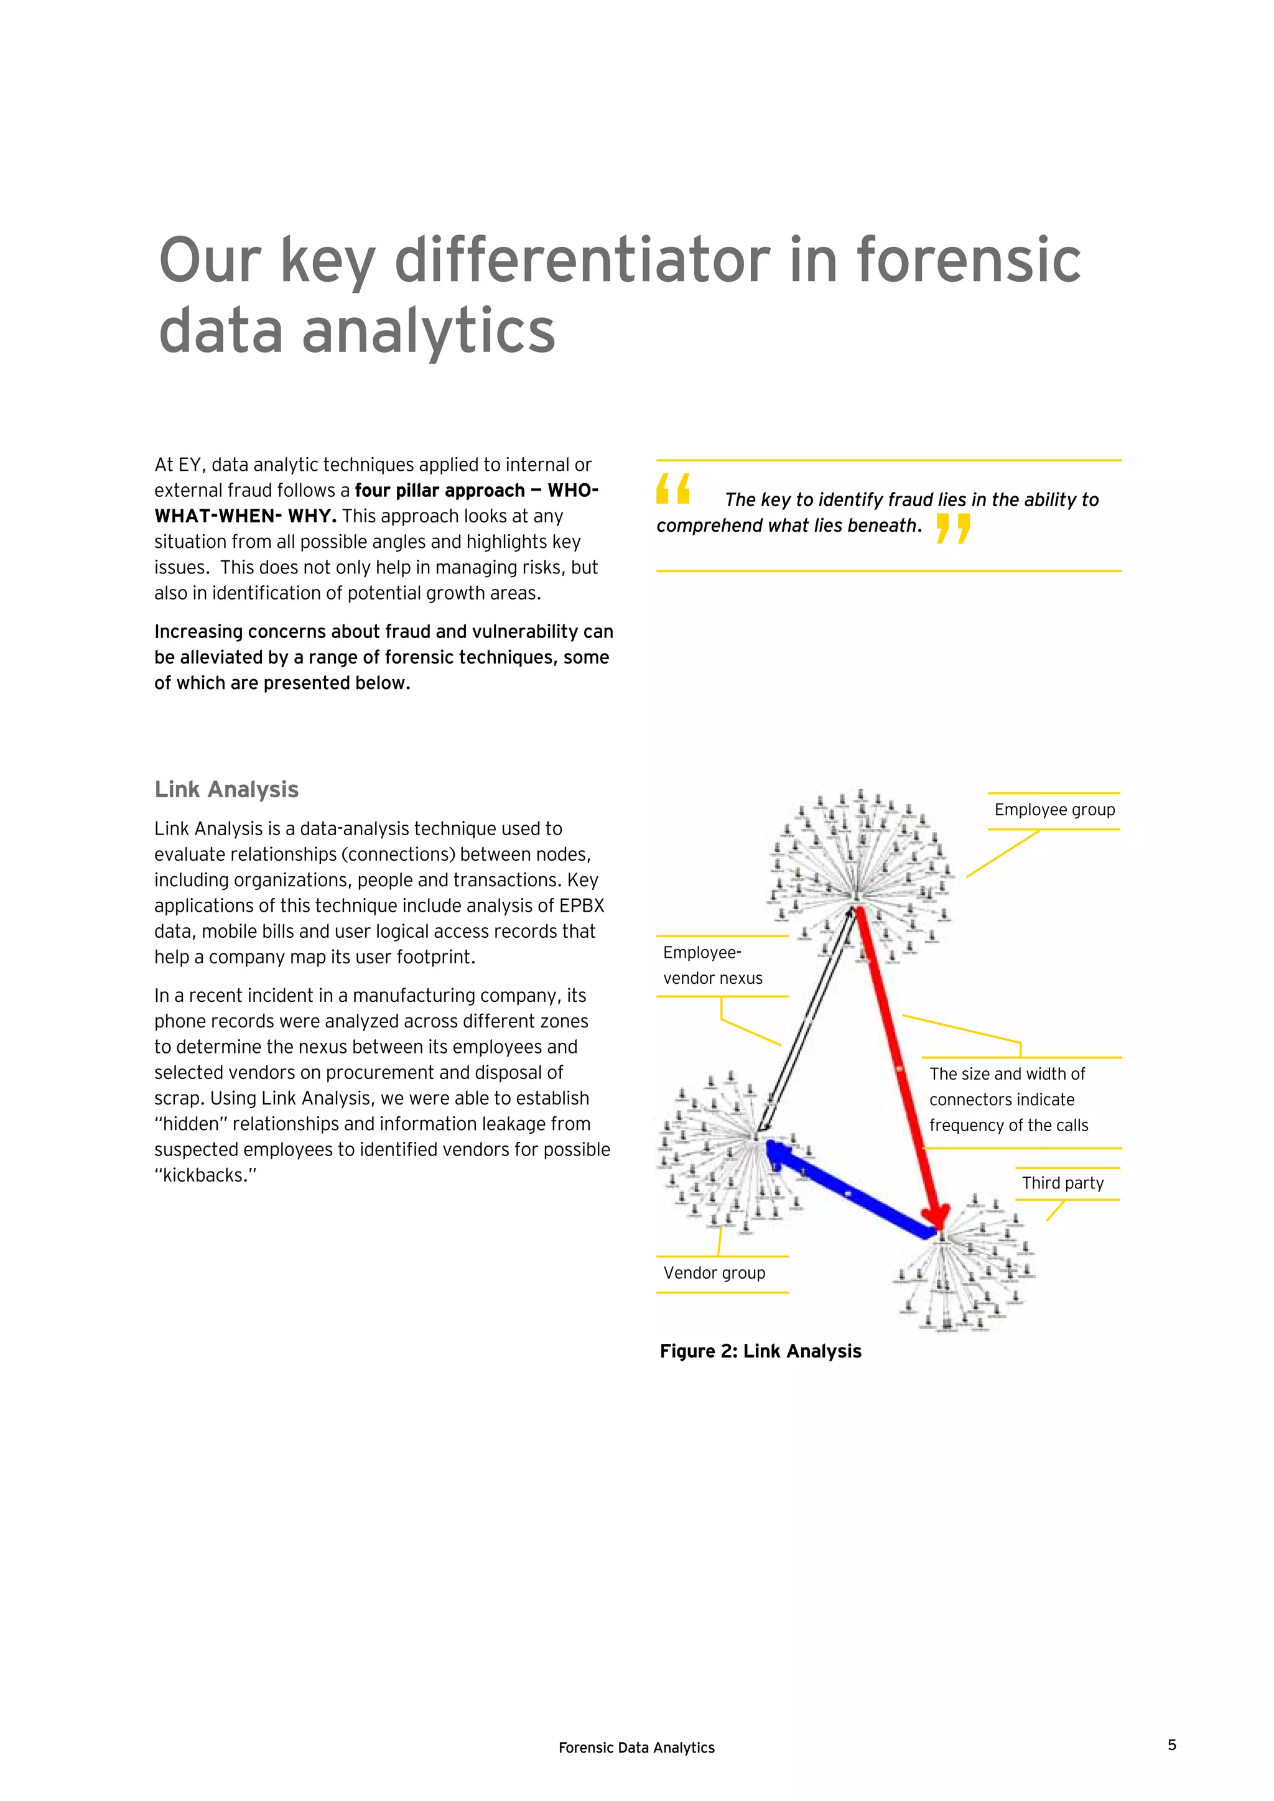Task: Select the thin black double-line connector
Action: [808, 1020]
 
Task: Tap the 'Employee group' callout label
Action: [1054, 810]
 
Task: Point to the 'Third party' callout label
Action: [1062, 1183]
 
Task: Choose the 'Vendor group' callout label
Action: [714, 1273]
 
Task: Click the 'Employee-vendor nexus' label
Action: [712, 966]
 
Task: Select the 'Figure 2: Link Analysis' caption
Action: [760, 1351]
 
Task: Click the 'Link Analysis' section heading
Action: [226, 789]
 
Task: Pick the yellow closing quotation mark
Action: [953, 528]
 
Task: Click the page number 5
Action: [1172, 1744]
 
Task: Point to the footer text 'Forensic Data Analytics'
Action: [636, 1747]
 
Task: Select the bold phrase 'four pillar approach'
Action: [440, 490]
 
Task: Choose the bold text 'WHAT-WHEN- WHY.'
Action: [246, 516]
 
